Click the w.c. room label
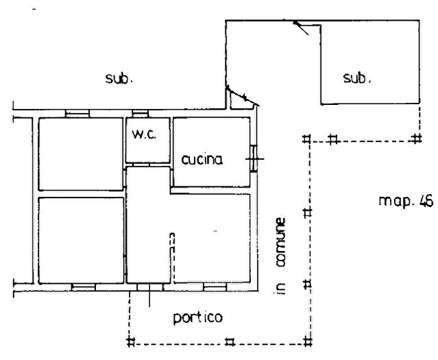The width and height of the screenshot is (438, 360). (x=145, y=134)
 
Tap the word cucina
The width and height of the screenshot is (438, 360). (x=202, y=160)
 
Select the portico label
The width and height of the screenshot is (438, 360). (x=198, y=317)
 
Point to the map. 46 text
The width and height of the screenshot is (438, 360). (x=406, y=201)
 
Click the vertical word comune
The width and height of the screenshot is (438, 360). (x=280, y=242)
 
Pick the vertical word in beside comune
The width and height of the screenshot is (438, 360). (x=280, y=288)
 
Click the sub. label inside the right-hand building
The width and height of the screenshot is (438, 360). (x=357, y=77)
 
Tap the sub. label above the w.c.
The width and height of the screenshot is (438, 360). (x=119, y=79)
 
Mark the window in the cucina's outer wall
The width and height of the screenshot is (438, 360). (x=254, y=158)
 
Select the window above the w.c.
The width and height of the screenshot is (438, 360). (x=140, y=113)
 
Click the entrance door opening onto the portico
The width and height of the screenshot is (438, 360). (x=149, y=287)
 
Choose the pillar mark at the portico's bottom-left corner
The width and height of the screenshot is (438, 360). (x=130, y=341)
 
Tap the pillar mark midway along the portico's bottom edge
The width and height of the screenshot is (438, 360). (x=230, y=341)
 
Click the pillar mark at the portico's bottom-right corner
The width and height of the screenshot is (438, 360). (x=308, y=341)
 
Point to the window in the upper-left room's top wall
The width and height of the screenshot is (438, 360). (x=77, y=113)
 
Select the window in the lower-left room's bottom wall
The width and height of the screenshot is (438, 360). (x=84, y=287)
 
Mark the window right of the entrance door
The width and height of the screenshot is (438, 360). (x=215, y=287)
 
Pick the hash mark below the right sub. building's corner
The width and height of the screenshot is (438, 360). (x=416, y=139)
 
